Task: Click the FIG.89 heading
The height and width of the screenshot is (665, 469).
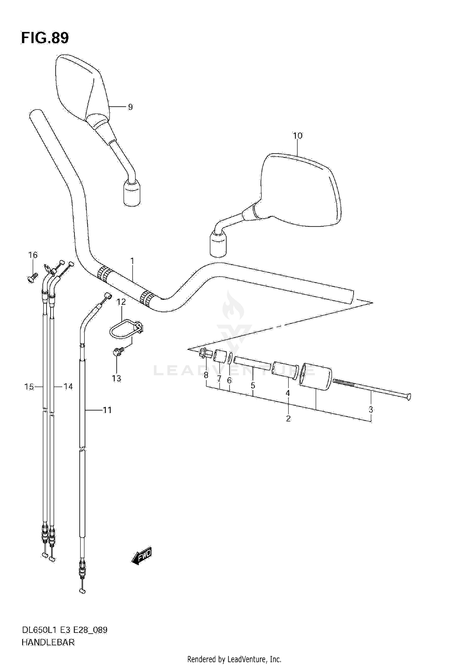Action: (45, 38)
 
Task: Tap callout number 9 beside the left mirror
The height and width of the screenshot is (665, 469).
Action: (130, 107)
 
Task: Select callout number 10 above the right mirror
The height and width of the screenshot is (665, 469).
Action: (298, 136)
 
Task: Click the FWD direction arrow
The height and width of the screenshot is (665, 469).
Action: (142, 555)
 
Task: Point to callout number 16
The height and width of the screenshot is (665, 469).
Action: (33, 255)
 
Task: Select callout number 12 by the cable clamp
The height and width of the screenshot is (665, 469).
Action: (121, 302)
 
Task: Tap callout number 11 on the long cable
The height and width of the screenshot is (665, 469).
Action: (107, 410)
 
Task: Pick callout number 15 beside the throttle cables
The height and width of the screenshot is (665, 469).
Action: (29, 387)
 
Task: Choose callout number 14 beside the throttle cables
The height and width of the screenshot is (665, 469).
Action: (68, 387)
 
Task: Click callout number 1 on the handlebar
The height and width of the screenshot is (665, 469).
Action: (132, 260)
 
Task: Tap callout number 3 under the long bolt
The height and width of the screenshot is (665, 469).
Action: (371, 409)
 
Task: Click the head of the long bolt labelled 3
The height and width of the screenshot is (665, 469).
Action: (408, 397)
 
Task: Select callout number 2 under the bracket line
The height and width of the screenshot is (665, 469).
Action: (288, 418)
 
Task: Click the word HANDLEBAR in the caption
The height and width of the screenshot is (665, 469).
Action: (48, 642)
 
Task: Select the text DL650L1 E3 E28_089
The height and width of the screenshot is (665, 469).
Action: (64, 630)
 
